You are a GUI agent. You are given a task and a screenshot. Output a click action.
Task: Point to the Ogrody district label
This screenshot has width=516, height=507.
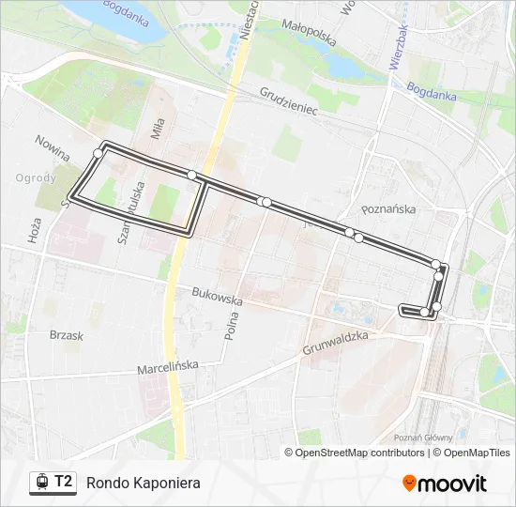pos(36,177)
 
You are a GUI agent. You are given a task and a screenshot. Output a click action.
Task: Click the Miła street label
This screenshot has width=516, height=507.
pos(158,127)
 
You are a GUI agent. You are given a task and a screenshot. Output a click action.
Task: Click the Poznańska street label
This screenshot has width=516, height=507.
pos(388,209)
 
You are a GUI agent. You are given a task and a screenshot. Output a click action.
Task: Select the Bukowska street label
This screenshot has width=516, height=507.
pos(217,296)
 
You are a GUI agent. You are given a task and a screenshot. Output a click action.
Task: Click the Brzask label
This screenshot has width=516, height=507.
pos(67,335)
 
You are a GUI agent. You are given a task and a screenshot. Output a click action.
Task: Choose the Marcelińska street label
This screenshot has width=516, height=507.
pos(168,368)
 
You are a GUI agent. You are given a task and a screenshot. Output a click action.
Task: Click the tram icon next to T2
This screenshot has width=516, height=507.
pos(40,483)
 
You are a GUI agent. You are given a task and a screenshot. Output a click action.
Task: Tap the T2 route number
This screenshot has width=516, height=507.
pos(64,482)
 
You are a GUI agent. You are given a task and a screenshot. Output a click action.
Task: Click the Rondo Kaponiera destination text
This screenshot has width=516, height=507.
pos(143,483)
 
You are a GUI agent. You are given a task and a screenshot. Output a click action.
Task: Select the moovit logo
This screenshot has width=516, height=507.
pos(445,484)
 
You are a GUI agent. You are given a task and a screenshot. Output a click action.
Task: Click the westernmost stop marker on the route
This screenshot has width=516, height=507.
pos(98,153)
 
